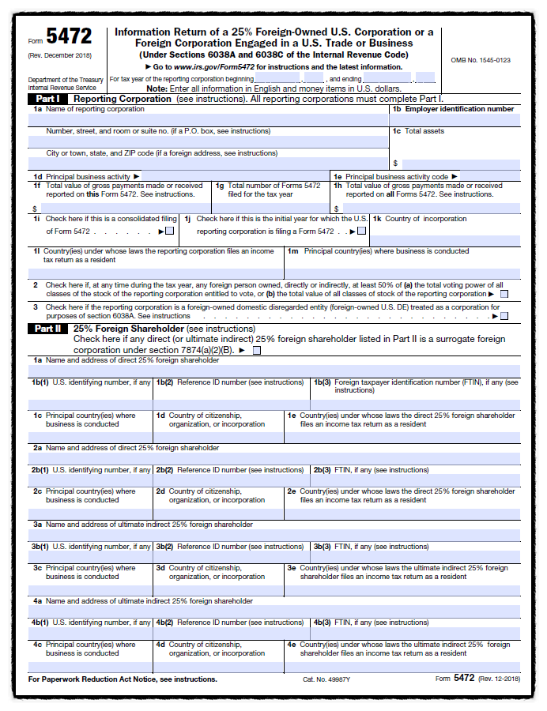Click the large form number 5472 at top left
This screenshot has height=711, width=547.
(x=69, y=36)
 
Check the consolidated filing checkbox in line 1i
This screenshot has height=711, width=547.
(x=169, y=231)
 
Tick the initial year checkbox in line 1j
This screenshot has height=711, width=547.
(x=361, y=231)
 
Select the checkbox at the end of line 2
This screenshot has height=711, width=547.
(x=504, y=294)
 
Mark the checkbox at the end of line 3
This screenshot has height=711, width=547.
(x=504, y=316)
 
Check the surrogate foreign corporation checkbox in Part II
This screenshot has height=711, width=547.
(x=256, y=349)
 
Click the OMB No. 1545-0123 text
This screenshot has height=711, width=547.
(x=480, y=60)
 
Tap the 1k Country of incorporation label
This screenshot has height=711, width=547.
(x=421, y=219)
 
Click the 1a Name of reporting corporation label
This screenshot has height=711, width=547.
(x=89, y=109)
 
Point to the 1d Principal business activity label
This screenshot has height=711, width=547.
(x=87, y=176)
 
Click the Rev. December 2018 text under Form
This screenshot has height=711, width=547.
(x=59, y=55)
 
